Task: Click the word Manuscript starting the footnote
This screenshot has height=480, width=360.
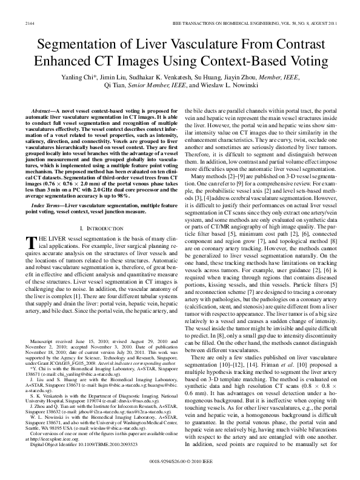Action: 48,359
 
